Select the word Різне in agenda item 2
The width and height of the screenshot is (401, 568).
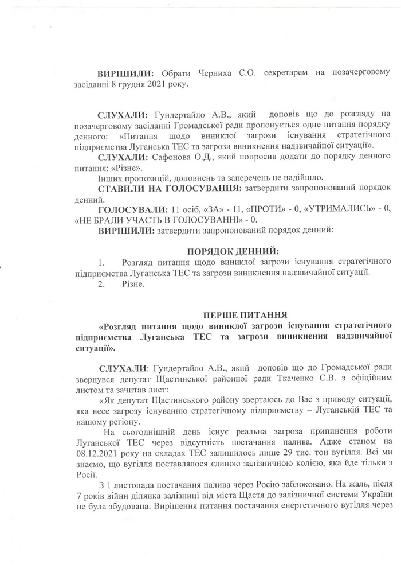click(133, 283)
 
